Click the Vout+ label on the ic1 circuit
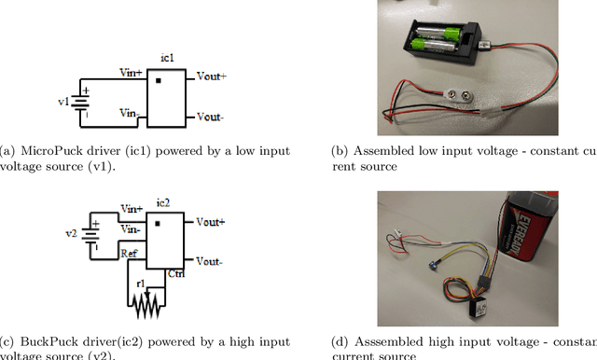click(211, 76)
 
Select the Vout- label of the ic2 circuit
click(211, 260)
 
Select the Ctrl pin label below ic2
click(174, 274)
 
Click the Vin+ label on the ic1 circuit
click(132, 71)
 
